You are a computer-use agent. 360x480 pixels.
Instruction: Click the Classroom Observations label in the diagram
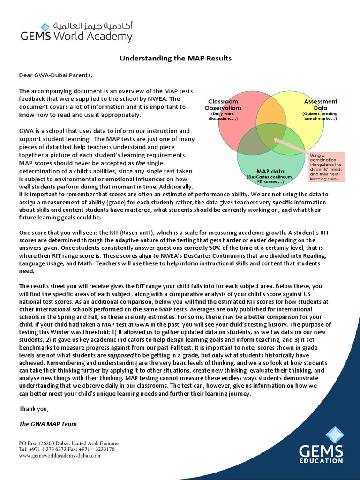(223, 105)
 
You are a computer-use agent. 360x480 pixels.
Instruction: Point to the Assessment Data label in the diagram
(320, 104)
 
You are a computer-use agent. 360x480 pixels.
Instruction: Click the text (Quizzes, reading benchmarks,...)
(320, 116)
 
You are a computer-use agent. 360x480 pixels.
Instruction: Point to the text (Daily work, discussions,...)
(223, 116)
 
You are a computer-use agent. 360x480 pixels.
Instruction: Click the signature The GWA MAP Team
(47, 424)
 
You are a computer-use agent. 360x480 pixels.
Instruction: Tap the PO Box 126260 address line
(69, 443)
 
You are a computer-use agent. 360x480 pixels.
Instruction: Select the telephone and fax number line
(67, 449)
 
